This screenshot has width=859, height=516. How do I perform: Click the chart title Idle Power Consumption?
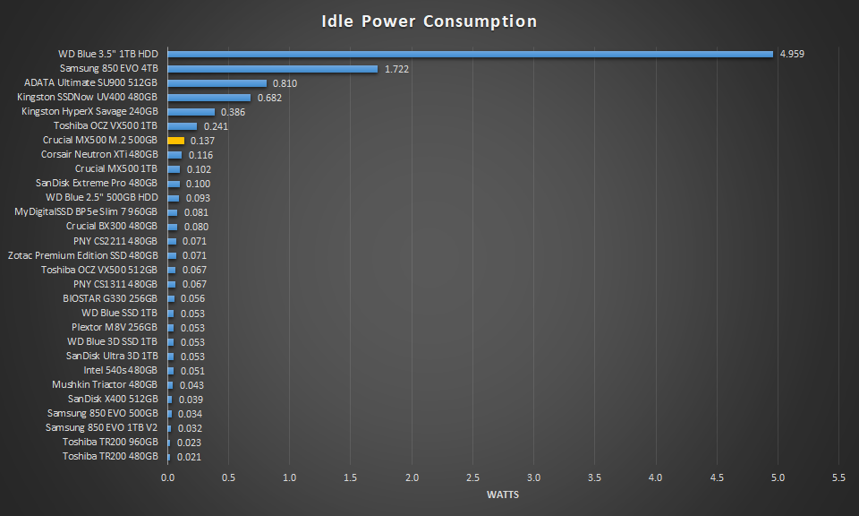point(429,21)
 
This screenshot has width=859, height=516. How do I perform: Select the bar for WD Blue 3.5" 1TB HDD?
point(470,54)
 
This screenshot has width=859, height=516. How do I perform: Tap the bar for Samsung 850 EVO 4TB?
point(272,68)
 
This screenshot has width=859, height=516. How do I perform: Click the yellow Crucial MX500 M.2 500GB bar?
point(175,141)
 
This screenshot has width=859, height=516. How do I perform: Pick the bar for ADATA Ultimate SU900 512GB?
point(217,83)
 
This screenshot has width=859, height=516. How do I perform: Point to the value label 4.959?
point(792,54)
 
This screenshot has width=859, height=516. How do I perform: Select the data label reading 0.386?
point(233,112)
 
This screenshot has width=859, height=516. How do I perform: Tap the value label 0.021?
point(189,457)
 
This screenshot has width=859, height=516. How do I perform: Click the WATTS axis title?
point(503,494)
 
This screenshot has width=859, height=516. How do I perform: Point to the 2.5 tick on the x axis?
point(472,477)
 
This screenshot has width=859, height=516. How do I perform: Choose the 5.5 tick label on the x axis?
point(839,477)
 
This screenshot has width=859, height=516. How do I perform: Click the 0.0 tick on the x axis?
point(167,477)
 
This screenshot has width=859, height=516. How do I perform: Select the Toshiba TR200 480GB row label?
point(110,456)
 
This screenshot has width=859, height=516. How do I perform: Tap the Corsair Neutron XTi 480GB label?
point(99,155)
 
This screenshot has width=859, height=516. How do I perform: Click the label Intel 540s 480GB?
point(121,370)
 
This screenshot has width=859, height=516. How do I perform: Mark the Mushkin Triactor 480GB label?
point(105,384)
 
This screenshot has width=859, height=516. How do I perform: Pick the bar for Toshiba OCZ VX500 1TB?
point(182,126)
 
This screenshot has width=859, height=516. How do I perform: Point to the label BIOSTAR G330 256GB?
point(110,298)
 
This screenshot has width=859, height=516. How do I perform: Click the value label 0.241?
point(216,126)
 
